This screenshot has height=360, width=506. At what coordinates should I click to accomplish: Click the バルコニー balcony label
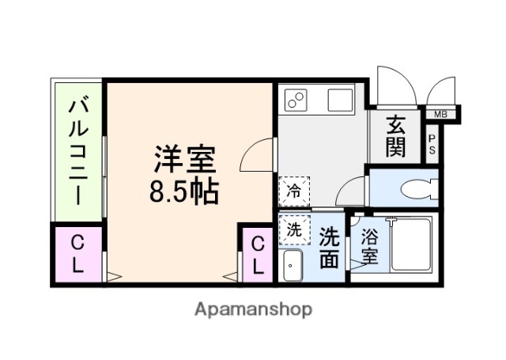pos(77,150)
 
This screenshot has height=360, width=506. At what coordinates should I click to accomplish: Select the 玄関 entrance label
pos(396,135)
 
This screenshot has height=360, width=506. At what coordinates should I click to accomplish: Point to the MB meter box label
pos(439,115)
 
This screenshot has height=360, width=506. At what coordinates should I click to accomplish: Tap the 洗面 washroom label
pos(331,248)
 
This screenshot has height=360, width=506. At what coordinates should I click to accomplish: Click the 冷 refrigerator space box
pos(293,191)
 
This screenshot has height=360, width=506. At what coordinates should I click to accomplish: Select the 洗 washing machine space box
pos(293,230)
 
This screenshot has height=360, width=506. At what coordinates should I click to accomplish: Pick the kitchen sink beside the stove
pos(341,100)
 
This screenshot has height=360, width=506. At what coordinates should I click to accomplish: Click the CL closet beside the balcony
pos(77,253)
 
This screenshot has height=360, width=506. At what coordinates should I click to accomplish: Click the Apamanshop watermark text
pos(253,309)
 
